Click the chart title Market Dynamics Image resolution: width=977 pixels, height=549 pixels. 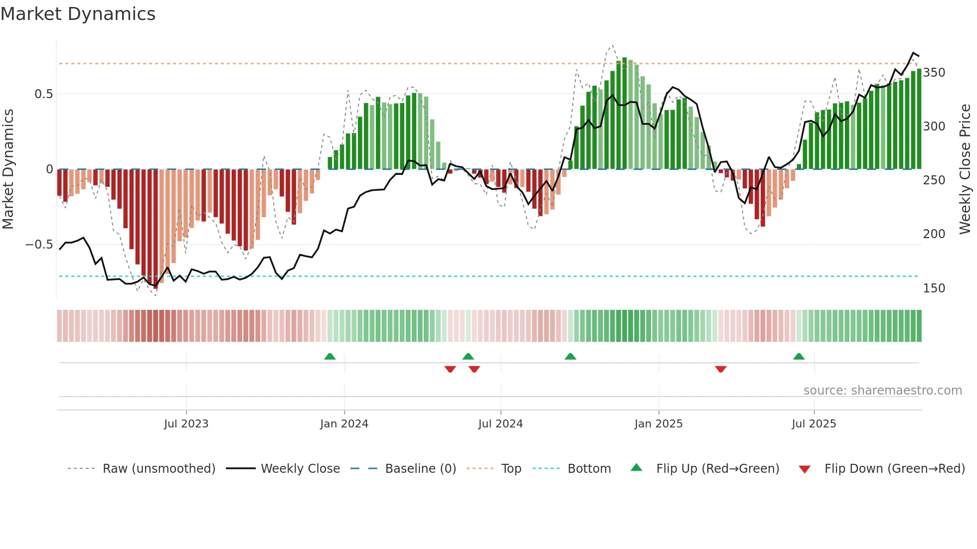click(x=78, y=14)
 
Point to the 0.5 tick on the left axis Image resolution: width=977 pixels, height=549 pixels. click(x=43, y=94)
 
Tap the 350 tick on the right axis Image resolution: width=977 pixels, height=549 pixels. click(x=934, y=73)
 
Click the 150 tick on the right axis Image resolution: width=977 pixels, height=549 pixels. click(x=934, y=288)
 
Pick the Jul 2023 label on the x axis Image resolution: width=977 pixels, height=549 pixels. click(x=186, y=424)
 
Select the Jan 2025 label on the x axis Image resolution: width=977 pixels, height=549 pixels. click(x=658, y=424)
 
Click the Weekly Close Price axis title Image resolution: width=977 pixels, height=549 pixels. click(x=965, y=169)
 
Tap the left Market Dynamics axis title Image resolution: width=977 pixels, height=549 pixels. click(x=8, y=169)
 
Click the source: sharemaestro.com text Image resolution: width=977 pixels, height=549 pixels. click(x=882, y=391)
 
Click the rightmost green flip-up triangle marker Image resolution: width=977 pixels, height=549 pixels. click(x=799, y=357)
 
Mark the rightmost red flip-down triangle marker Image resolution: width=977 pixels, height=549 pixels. click(x=720, y=369)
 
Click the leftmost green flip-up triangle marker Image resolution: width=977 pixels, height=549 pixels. click(x=329, y=357)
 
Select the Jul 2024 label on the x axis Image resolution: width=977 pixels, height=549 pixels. click(x=500, y=424)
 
